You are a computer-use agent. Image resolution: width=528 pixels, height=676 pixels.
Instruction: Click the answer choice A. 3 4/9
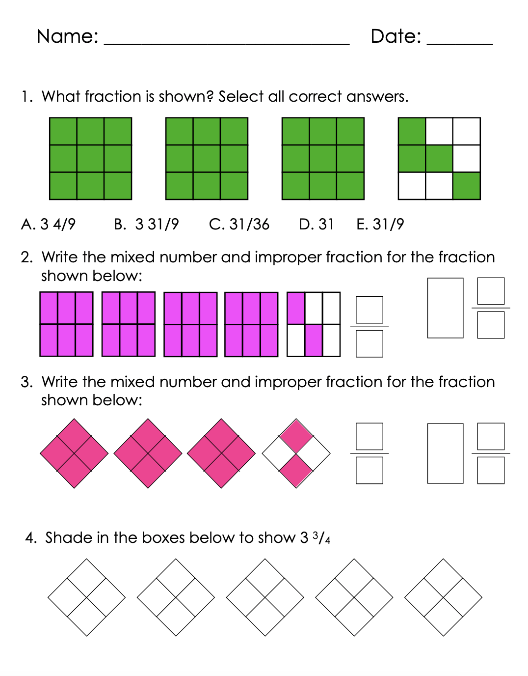[x=48, y=225]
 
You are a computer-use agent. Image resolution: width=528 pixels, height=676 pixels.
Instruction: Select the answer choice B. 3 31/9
[x=146, y=225]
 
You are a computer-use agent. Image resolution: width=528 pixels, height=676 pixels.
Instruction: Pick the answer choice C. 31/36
[x=239, y=225]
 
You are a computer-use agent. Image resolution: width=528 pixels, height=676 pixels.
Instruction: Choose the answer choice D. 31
[x=317, y=225]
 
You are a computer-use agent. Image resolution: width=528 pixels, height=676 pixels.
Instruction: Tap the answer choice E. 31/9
[x=380, y=225]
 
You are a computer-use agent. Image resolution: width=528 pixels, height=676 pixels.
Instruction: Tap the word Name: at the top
[x=67, y=36]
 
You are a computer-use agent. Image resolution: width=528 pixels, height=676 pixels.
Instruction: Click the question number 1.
[x=26, y=96]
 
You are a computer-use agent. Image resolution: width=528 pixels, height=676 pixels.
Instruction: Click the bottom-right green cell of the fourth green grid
[x=466, y=186]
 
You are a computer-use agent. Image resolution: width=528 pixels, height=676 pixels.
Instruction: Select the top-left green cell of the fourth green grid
[x=412, y=131]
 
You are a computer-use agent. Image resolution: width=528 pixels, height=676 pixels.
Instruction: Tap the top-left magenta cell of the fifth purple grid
[x=296, y=308]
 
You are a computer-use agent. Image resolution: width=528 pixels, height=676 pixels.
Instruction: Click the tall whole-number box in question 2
[x=445, y=308]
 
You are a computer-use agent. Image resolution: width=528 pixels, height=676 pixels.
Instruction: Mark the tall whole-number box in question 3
[x=445, y=453]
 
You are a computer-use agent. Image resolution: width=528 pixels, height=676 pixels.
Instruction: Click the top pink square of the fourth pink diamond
[x=296, y=436]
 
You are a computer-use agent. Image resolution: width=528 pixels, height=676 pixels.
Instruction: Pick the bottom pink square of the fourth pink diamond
[x=296, y=471]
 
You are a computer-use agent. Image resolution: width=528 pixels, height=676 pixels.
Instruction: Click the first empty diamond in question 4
[x=87, y=597]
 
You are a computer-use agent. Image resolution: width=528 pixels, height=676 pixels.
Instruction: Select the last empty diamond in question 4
[x=443, y=597]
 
